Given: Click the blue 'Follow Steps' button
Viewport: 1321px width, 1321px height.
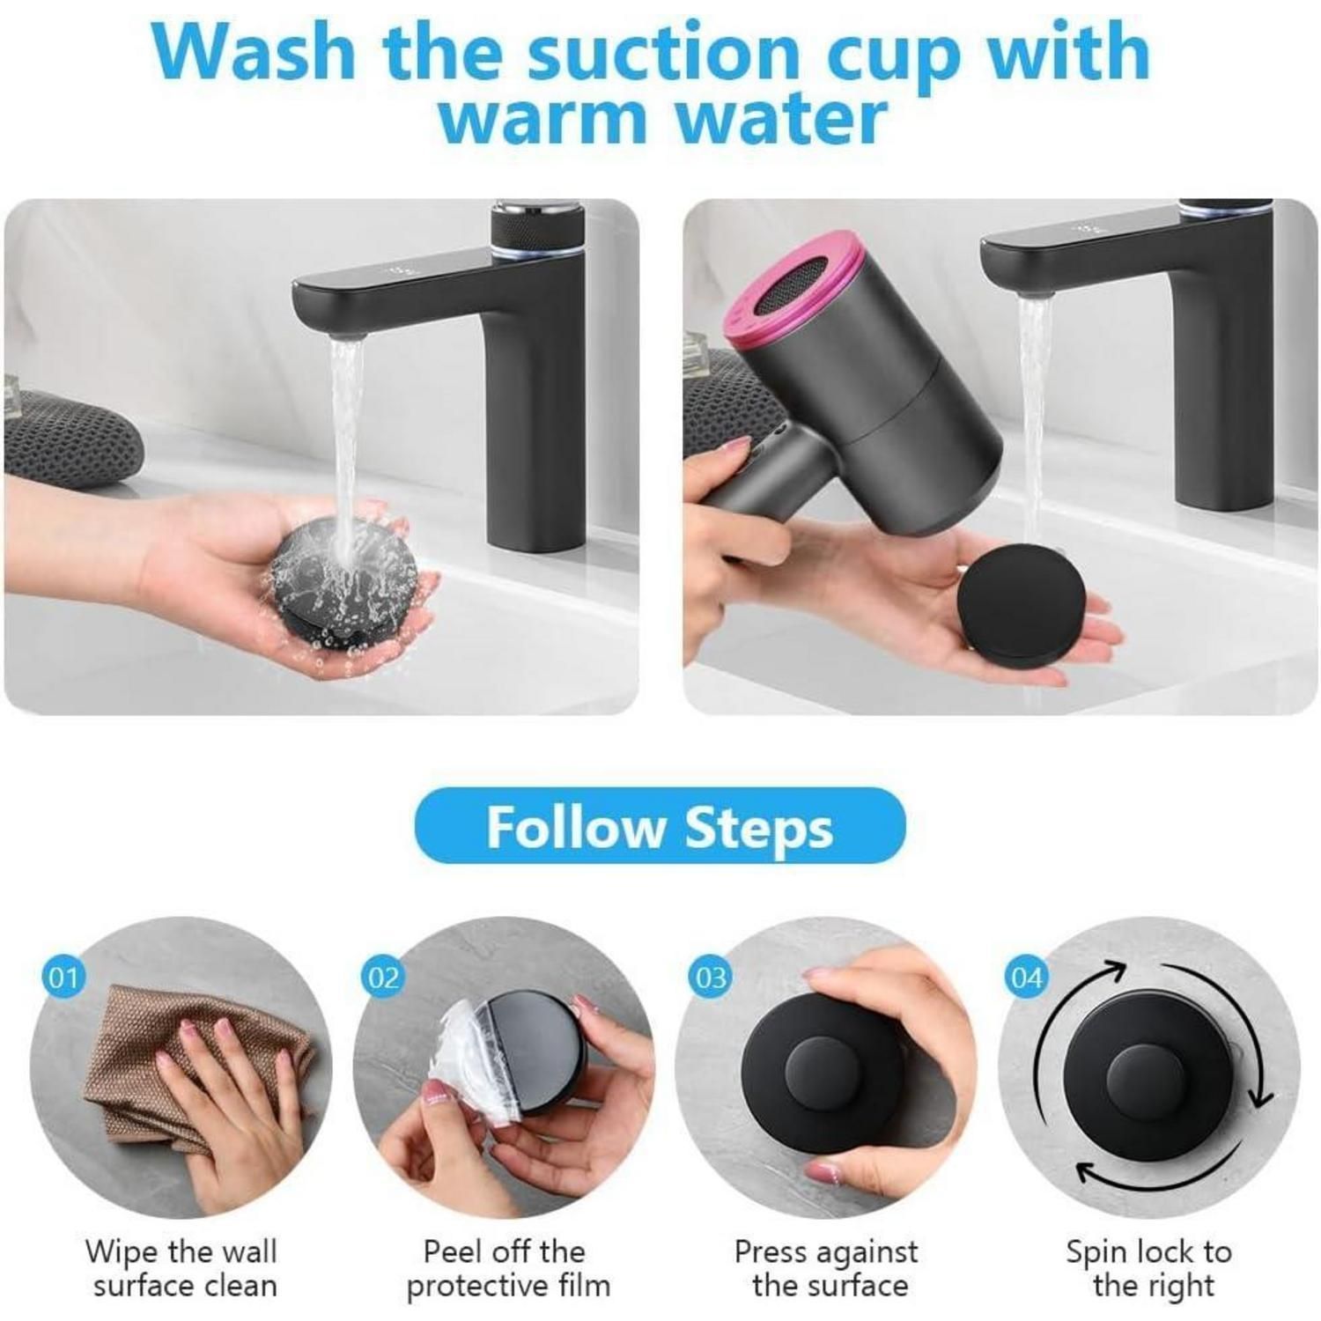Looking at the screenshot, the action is [660, 826].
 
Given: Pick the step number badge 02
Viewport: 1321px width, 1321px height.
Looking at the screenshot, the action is [383, 978].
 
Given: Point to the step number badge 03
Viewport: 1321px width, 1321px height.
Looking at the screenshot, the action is [711, 978].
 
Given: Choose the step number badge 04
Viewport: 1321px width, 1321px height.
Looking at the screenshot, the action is [1027, 978].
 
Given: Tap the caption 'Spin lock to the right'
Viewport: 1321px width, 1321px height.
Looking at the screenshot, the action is [1149, 1268].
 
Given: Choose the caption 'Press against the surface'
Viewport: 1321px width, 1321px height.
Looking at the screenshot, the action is [826, 1268].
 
